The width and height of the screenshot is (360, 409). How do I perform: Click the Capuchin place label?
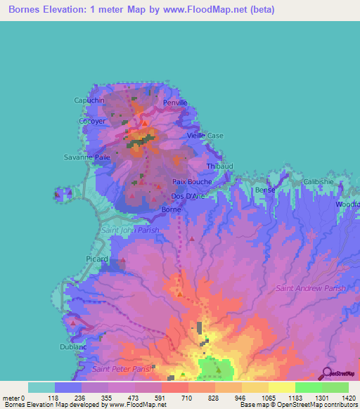tap(89, 100)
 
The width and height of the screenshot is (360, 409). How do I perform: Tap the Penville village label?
tap(175, 103)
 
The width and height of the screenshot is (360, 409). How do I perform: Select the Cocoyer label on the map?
tap(92, 121)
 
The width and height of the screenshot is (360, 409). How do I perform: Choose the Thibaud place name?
tap(220, 167)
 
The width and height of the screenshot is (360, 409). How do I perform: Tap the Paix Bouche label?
tap(192, 181)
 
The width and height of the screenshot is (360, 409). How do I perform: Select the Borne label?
tap(172, 209)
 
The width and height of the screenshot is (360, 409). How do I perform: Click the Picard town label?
tap(97, 259)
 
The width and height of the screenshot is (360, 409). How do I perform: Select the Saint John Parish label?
tap(130, 230)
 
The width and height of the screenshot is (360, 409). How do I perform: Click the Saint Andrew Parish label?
tap(311, 288)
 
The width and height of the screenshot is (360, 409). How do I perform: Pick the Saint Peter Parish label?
tap(122, 369)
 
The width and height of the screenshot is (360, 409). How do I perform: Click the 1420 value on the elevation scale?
tap(347, 398)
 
